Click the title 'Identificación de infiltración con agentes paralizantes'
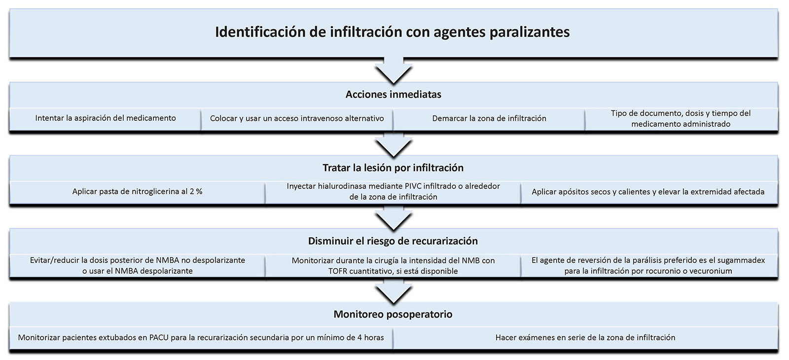393,33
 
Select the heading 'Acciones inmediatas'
393,94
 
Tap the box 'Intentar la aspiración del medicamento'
106,118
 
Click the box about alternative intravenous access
297,118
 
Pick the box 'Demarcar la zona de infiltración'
489,118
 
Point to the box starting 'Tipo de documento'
681,118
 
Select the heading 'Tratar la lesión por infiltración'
393,168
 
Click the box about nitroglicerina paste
137,191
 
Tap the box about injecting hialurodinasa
393,191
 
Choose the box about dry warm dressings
648,191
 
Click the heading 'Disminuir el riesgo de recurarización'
393,241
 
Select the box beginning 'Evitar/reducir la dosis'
137,265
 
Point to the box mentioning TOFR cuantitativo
393,265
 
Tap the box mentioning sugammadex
648,265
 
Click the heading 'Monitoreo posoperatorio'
393,314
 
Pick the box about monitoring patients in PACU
201,338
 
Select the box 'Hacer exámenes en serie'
585,338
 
